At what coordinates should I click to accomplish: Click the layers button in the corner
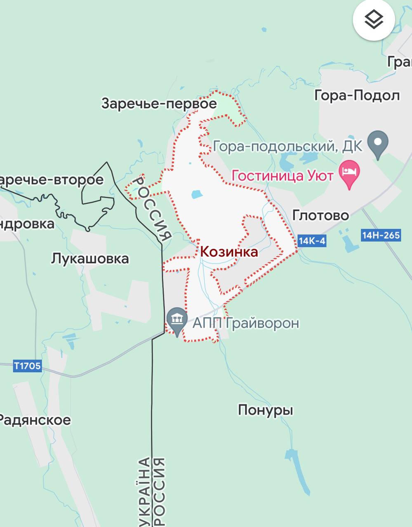coord(374,19)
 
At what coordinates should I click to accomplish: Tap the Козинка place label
coord(229,252)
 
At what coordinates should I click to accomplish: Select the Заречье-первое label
coord(159,103)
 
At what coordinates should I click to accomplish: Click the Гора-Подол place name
coord(357,96)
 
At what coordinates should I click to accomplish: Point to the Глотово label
coord(320,215)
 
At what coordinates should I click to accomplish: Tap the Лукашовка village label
coord(90,259)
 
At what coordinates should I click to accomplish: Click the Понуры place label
coord(266,410)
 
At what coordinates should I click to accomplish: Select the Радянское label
coord(35,420)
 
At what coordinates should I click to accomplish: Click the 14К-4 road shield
coord(311,241)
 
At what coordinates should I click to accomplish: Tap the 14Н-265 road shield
coord(381,236)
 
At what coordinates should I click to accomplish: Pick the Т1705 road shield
coord(28,366)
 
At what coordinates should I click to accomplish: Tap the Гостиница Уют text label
coord(283,176)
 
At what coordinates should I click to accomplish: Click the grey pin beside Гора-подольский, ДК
coord(379,143)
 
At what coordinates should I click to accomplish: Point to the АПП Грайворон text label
coord(246,323)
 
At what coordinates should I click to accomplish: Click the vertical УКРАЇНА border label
coord(144,490)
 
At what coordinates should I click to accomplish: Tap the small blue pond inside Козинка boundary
coord(197,194)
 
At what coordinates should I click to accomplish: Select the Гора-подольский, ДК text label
coord(288,146)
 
